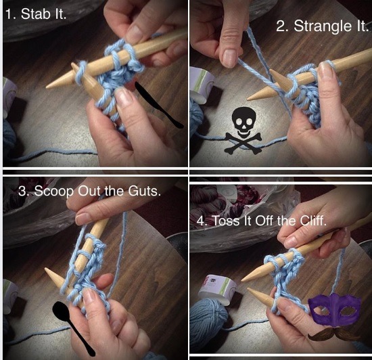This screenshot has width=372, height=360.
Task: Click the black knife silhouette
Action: click(x=158, y=104)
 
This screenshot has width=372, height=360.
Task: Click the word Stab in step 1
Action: click(x=37, y=14)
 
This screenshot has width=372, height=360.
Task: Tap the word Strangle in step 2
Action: click(x=322, y=26)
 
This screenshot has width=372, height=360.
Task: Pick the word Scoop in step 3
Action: click(x=53, y=192)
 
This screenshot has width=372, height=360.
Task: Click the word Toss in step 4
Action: click(x=226, y=221)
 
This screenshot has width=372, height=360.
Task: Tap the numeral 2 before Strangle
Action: click(x=281, y=26)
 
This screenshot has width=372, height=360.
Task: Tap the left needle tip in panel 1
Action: click(x=47, y=87)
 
